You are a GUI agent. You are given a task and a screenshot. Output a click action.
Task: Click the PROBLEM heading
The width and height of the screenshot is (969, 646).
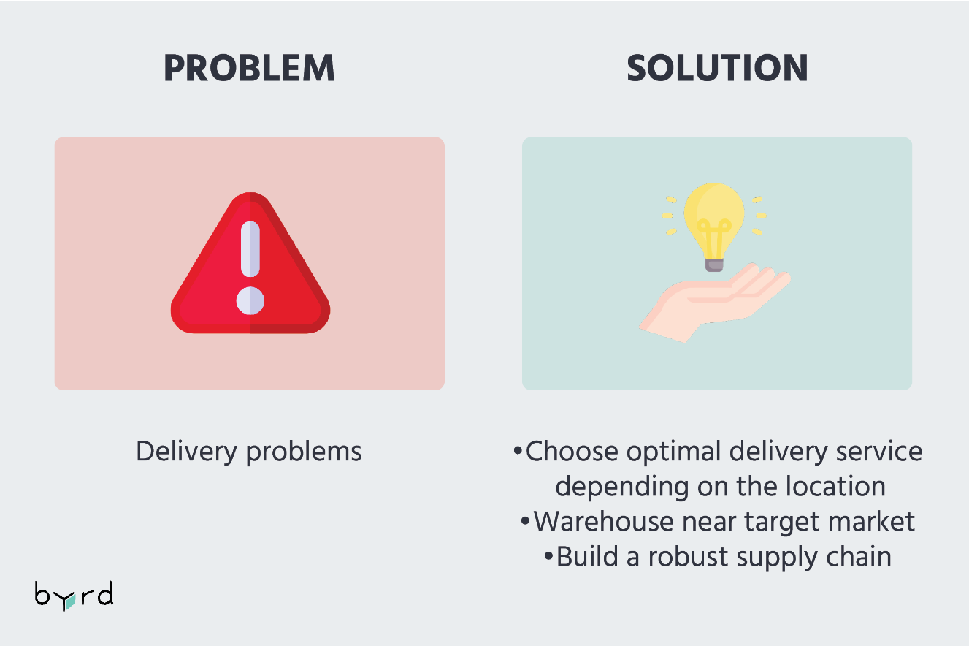[249, 68]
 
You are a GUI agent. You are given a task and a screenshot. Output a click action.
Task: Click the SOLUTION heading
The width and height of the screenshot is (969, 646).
[717, 68]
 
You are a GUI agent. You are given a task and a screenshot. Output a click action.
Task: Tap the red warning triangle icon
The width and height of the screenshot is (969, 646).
[250, 263]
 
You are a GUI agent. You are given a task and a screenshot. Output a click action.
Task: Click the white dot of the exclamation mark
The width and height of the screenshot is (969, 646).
[250, 300]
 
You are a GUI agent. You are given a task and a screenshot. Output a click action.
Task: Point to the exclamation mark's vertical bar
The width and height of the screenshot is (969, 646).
[250, 249]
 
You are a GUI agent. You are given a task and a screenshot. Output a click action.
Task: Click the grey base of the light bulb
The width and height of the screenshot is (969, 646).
[714, 265]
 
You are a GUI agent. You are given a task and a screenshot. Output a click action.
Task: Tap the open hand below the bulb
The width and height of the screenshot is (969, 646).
[715, 303]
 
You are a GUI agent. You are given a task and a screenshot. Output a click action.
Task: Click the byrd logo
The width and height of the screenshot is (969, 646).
[74, 596]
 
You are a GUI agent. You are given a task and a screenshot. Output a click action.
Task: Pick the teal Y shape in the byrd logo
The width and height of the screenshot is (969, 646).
[70, 601]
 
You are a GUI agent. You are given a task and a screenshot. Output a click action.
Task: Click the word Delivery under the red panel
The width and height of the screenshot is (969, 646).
[186, 452]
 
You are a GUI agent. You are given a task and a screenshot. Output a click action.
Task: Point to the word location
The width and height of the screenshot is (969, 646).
[835, 486]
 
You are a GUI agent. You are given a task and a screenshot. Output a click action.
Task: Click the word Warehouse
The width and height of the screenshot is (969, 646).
[603, 521]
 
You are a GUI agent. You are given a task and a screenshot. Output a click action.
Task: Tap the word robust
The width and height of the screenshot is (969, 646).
[688, 556]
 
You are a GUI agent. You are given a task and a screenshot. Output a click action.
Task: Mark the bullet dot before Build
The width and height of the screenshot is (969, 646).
[548, 555]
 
